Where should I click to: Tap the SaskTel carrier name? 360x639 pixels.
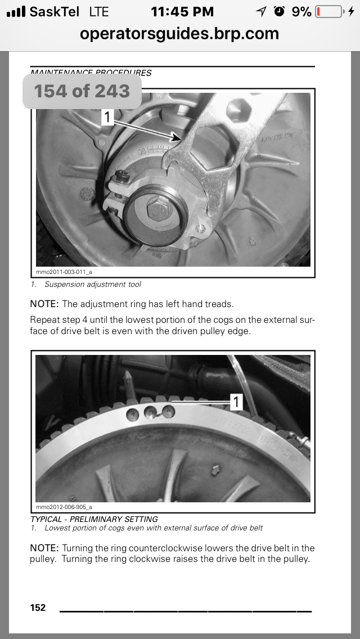54,11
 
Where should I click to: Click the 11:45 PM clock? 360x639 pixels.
182,11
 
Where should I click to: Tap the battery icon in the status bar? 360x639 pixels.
329,11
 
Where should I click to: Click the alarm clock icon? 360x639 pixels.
279,11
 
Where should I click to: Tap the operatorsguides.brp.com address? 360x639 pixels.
179,33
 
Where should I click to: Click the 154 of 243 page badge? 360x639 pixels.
82,91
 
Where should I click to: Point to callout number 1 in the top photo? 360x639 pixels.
108,116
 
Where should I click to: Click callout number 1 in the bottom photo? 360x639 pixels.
237,402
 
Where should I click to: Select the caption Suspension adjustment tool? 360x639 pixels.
93,285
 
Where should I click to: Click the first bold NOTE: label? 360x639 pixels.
44,304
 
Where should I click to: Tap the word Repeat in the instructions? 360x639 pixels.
44,320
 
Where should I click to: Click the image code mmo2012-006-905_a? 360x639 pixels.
67,507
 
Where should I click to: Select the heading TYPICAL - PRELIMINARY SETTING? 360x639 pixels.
94,519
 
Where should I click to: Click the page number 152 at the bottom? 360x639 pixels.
38,607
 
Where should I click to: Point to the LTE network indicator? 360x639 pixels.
99,11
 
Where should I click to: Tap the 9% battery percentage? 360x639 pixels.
301,11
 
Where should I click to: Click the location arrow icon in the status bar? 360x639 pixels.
261,11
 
